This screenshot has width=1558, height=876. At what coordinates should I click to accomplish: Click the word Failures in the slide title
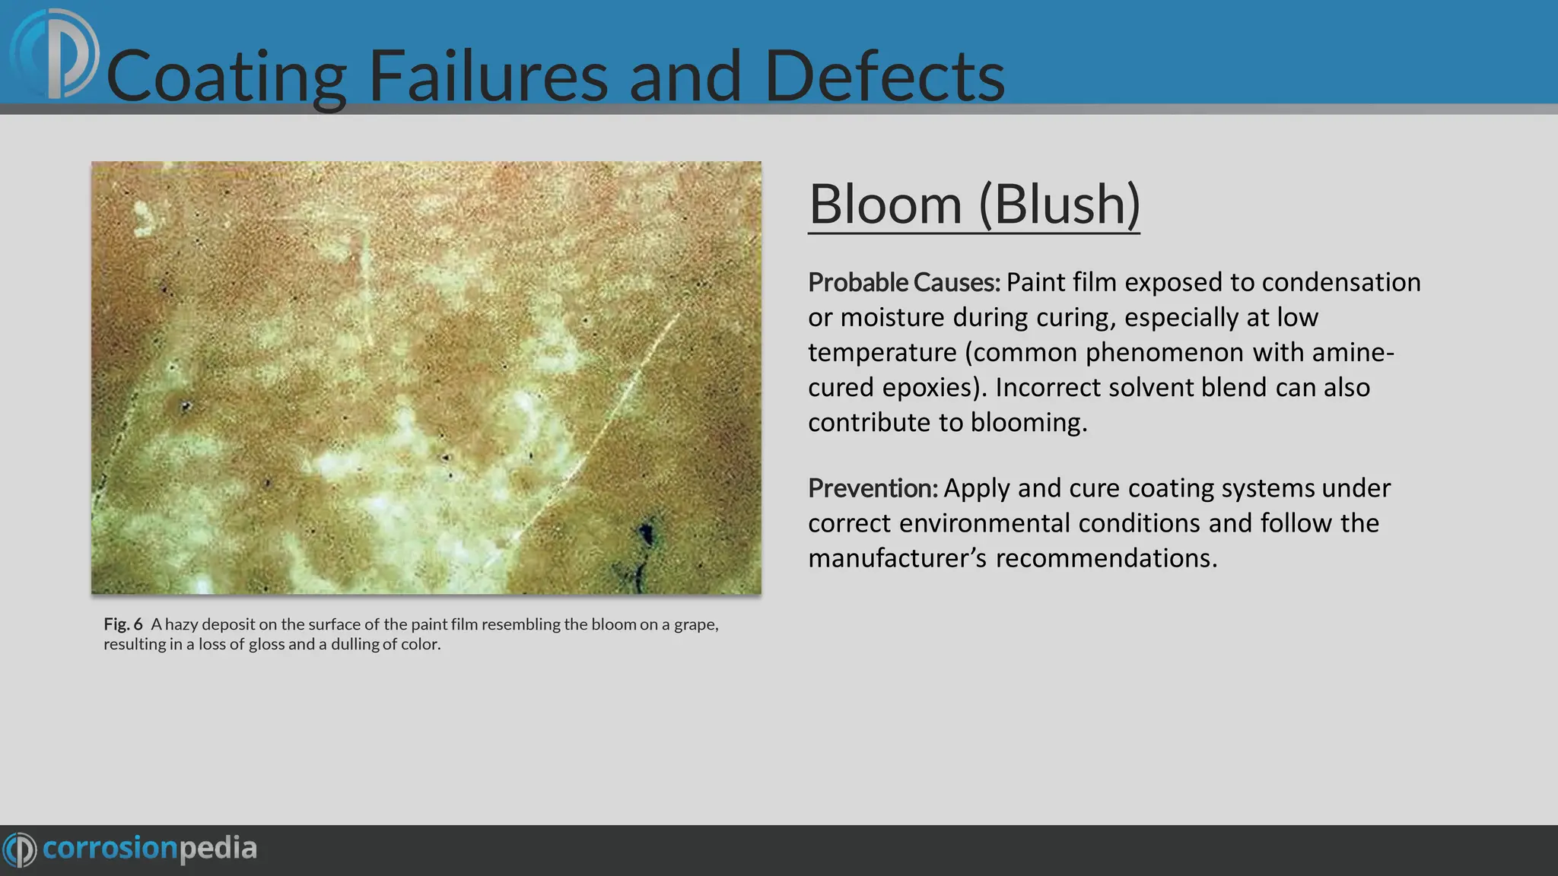coord(488,76)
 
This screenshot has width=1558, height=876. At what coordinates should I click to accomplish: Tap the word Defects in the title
coord(884,76)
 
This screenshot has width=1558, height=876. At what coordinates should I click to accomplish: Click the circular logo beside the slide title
coord(55,54)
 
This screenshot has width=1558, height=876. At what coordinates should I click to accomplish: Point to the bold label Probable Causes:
coord(904,283)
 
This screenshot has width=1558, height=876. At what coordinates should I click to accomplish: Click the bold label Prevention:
coord(873,488)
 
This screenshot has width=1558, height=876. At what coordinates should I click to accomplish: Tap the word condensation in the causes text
coord(1341,283)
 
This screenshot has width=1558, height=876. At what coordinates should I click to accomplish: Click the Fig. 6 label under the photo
coord(123,624)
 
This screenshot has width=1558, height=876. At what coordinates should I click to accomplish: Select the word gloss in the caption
coord(266,645)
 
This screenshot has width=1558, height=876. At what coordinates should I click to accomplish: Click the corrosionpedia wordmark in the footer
coord(149,849)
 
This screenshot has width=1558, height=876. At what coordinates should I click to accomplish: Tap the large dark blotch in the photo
coord(646,532)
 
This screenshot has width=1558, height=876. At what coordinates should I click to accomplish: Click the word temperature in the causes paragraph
coord(882,353)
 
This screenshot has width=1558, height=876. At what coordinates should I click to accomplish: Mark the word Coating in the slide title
coord(226,76)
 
